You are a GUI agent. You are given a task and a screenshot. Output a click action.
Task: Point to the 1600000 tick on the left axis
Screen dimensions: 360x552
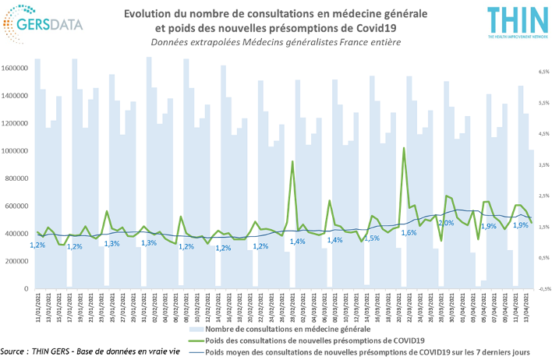[16, 68]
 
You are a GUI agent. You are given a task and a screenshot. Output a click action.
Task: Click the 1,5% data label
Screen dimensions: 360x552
[372, 238]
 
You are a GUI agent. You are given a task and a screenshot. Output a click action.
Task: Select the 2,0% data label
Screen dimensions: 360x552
[447, 223]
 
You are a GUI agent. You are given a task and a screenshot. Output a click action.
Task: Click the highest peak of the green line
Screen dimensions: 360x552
[403, 147]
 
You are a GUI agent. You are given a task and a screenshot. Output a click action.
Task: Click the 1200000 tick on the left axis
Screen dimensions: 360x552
[16, 123]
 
